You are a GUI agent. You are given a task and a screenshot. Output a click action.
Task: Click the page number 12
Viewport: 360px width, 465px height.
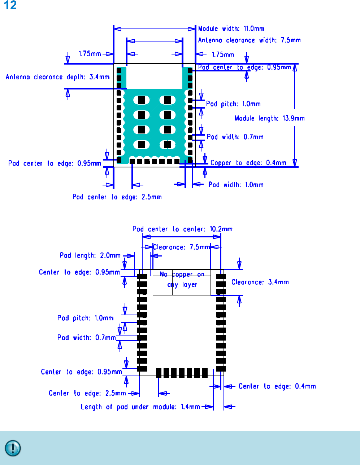(x=10, y=5)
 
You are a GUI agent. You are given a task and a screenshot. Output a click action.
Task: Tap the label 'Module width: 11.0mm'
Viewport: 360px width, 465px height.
(x=231, y=28)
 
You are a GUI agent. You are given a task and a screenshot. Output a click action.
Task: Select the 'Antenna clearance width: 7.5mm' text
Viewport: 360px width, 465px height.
(x=249, y=40)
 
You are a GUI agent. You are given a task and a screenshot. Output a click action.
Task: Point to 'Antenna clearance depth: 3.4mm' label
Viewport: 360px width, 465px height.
(x=57, y=77)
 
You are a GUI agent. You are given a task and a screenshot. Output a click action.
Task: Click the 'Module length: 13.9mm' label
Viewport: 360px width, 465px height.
(x=269, y=118)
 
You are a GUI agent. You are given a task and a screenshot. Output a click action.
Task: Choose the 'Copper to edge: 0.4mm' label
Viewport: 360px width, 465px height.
(x=248, y=163)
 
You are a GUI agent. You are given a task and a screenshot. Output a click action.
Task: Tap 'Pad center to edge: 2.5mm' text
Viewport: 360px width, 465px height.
(x=117, y=197)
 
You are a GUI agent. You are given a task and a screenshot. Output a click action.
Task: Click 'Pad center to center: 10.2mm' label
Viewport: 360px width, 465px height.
(x=182, y=229)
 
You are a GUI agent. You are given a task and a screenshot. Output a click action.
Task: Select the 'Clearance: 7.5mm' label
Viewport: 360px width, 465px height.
(x=181, y=247)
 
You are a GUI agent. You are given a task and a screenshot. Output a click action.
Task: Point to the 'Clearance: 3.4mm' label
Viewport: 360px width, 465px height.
(x=260, y=282)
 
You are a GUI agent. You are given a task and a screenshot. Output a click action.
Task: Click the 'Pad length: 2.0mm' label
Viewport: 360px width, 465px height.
(x=90, y=255)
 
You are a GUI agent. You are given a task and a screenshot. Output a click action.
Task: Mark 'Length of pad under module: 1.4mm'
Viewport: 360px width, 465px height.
(x=140, y=407)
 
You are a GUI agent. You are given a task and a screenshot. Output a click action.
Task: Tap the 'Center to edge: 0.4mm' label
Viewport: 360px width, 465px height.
(x=277, y=386)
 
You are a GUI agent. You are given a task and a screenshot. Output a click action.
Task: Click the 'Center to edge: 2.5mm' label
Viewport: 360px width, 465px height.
(x=87, y=393)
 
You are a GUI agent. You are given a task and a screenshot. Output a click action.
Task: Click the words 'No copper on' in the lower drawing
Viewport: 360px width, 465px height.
(x=182, y=275)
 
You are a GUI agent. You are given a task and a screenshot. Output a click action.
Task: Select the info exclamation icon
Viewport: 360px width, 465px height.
(x=13, y=448)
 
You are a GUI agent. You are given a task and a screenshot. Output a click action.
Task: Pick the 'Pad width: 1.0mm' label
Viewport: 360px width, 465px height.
(x=236, y=185)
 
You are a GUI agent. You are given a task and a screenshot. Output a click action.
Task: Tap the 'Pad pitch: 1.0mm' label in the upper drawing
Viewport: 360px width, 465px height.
(x=233, y=104)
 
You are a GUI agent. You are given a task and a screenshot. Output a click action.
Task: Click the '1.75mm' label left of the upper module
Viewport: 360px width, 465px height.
(x=90, y=54)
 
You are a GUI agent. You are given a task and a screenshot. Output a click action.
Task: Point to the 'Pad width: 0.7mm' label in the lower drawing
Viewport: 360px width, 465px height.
(x=86, y=338)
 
